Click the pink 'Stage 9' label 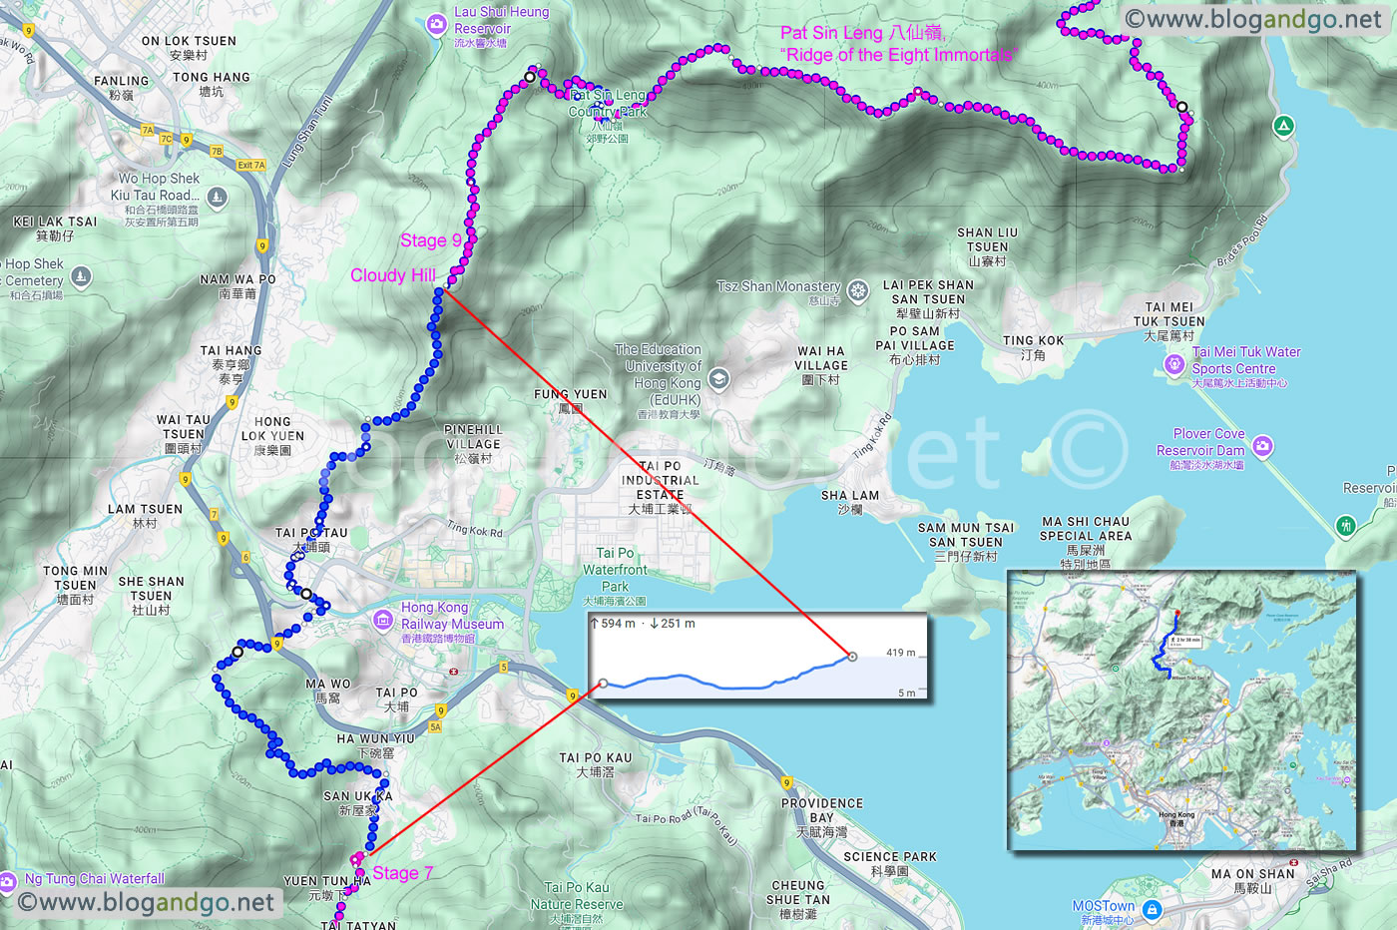point(431,240)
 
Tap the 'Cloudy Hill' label point(393,275)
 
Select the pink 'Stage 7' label point(402,873)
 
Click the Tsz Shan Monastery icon point(857,289)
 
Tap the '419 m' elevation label point(901,653)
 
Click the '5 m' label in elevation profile point(906,693)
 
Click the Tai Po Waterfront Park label point(615,570)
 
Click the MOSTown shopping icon point(1152,910)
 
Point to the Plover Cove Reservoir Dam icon point(1262,446)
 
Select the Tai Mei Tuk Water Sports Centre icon point(1174,365)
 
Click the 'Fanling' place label point(121,81)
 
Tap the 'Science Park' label point(890,856)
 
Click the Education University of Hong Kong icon point(717,378)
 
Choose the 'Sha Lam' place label point(849,495)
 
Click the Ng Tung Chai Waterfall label point(95,879)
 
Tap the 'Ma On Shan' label point(1254,874)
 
